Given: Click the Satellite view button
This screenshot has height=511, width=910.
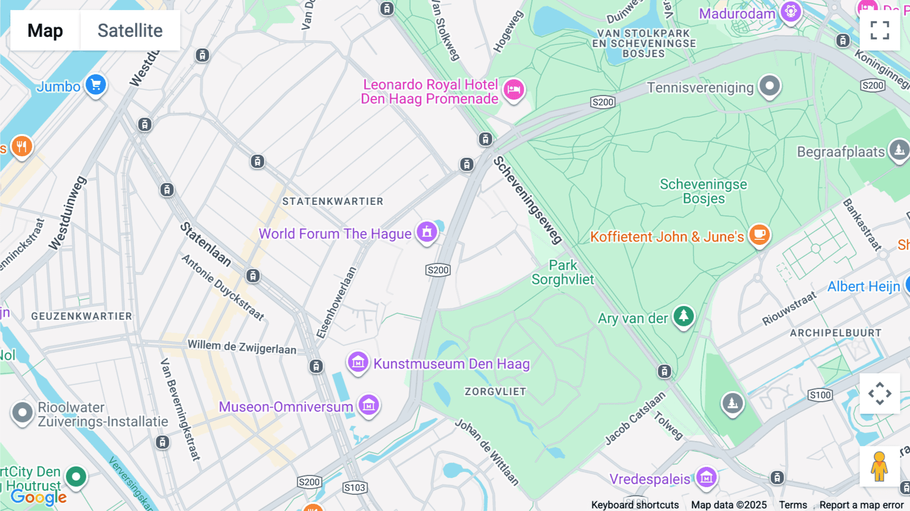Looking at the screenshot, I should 130,30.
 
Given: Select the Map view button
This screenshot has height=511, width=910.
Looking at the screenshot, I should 45,30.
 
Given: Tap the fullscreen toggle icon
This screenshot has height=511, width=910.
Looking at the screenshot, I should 880,30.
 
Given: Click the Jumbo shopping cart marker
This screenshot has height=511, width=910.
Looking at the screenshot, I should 96,85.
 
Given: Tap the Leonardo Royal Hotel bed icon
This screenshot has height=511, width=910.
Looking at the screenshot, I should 514,90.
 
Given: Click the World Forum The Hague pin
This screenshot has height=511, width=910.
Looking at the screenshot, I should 427,232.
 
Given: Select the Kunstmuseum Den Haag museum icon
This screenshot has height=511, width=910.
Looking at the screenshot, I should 358,362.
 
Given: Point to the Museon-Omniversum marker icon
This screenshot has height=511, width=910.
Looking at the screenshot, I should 369,405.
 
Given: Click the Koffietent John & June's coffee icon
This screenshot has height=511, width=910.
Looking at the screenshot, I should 759,235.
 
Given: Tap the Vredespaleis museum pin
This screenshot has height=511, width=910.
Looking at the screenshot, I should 706,477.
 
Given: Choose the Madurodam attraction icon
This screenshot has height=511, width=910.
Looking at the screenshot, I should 791,12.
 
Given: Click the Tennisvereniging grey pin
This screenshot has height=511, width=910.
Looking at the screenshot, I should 769,86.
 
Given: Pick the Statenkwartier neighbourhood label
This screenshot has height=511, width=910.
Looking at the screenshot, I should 333,201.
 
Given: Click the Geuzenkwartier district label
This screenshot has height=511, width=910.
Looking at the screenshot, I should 81,316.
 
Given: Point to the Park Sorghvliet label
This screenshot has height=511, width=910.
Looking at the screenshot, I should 563,272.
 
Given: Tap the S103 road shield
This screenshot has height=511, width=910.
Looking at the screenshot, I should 354,488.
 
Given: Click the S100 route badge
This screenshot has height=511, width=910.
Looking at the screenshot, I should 820,395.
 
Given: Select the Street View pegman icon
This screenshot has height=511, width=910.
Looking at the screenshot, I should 879,466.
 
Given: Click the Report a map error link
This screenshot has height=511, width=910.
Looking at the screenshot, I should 861,505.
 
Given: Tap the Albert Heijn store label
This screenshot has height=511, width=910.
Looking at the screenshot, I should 863,286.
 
